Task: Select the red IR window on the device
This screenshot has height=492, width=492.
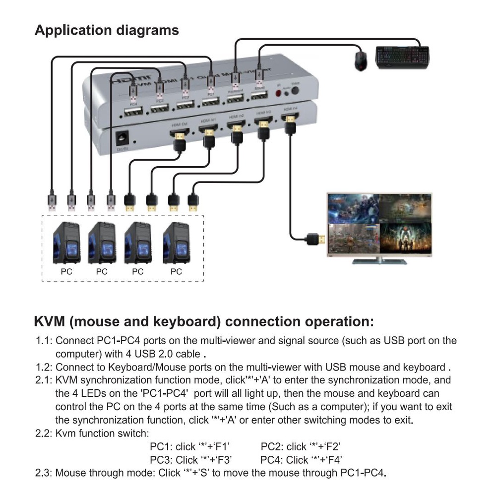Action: coord(278,93)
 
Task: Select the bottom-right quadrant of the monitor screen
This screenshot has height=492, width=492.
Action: coord(405,239)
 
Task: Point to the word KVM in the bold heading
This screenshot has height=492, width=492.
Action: coord(50,321)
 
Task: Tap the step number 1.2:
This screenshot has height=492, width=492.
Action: coord(45,368)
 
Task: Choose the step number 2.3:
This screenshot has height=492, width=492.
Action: coord(44,472)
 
